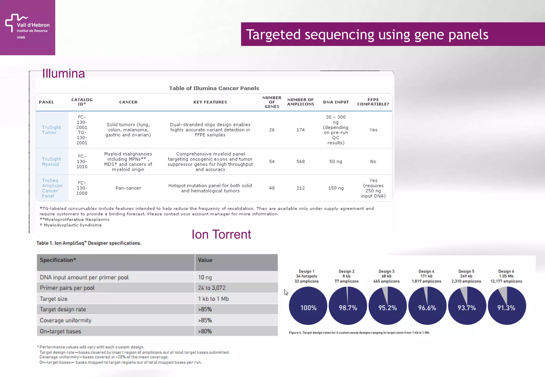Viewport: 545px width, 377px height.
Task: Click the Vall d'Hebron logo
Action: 27,27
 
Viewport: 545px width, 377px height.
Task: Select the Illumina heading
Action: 63,73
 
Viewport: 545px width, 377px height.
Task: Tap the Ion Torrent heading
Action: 221,234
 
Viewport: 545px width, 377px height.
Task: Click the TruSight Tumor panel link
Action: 51,130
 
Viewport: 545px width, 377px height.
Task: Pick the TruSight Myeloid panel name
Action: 51,162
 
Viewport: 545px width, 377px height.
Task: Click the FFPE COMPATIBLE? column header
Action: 373,102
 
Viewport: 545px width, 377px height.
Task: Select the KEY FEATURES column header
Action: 210,102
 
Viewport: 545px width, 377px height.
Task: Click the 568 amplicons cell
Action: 300,162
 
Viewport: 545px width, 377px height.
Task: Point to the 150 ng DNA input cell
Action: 336,188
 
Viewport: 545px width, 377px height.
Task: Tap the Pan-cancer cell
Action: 128,188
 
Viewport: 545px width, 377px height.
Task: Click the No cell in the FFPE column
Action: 373,162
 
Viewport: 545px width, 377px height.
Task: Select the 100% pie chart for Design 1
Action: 308,306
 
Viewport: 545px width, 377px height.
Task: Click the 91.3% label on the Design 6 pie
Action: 506,308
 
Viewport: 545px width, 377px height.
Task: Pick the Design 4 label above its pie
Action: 426,271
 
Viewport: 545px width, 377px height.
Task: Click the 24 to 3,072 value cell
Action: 212,288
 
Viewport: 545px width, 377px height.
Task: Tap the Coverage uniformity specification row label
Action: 65,320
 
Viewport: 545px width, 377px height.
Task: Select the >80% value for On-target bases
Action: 205,332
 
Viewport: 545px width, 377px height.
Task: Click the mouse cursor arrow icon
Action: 286,292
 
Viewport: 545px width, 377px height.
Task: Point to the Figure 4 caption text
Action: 359,333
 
